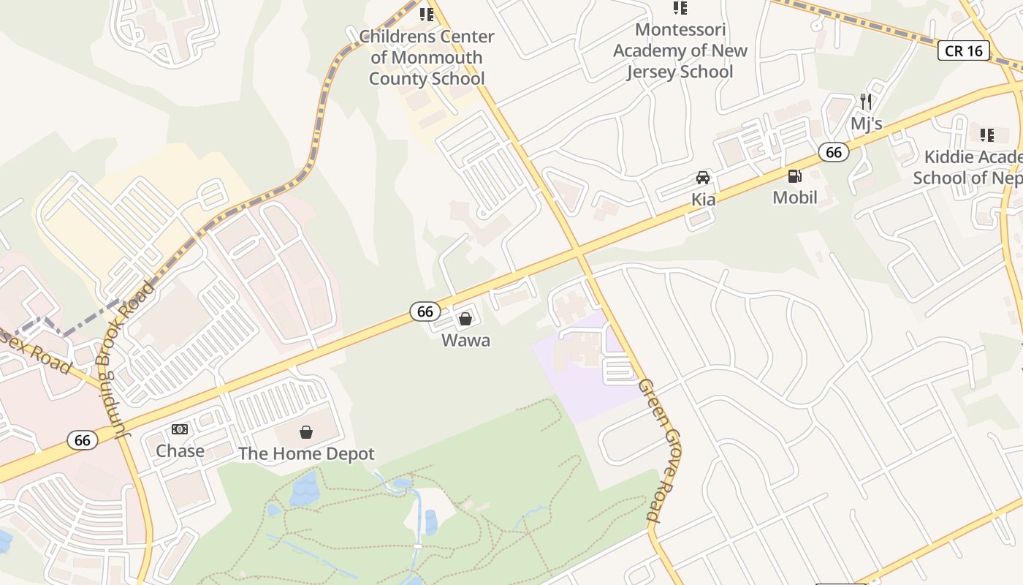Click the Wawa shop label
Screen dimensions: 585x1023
tap(465, 340)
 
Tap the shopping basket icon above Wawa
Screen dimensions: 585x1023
tap(465, 319)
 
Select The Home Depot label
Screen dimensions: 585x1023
tap(306, 453)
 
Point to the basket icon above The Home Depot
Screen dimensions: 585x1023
tap(306, 432)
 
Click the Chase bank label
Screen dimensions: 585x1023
tap(180, 450)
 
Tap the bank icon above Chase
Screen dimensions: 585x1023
tap(180, 429)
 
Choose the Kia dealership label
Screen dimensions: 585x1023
tap(703, 199)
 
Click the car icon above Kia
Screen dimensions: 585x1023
tap(703, 178)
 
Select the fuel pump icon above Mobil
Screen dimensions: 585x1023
tap(794, 175)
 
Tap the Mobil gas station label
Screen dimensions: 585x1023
tap(795, 197)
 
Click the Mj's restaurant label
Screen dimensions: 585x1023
tap(866, 123)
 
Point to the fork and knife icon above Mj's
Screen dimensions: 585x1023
tap(866, 102)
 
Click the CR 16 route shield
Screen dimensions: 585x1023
tap(964, 50)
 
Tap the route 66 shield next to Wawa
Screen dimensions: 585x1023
tap(425, 312)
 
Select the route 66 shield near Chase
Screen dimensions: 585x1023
tap(83, 440)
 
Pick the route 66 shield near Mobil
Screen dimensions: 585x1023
tap(833, 152)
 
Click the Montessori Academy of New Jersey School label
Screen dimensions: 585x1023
tap(680, 50)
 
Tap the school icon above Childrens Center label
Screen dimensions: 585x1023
tap(427, 15)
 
